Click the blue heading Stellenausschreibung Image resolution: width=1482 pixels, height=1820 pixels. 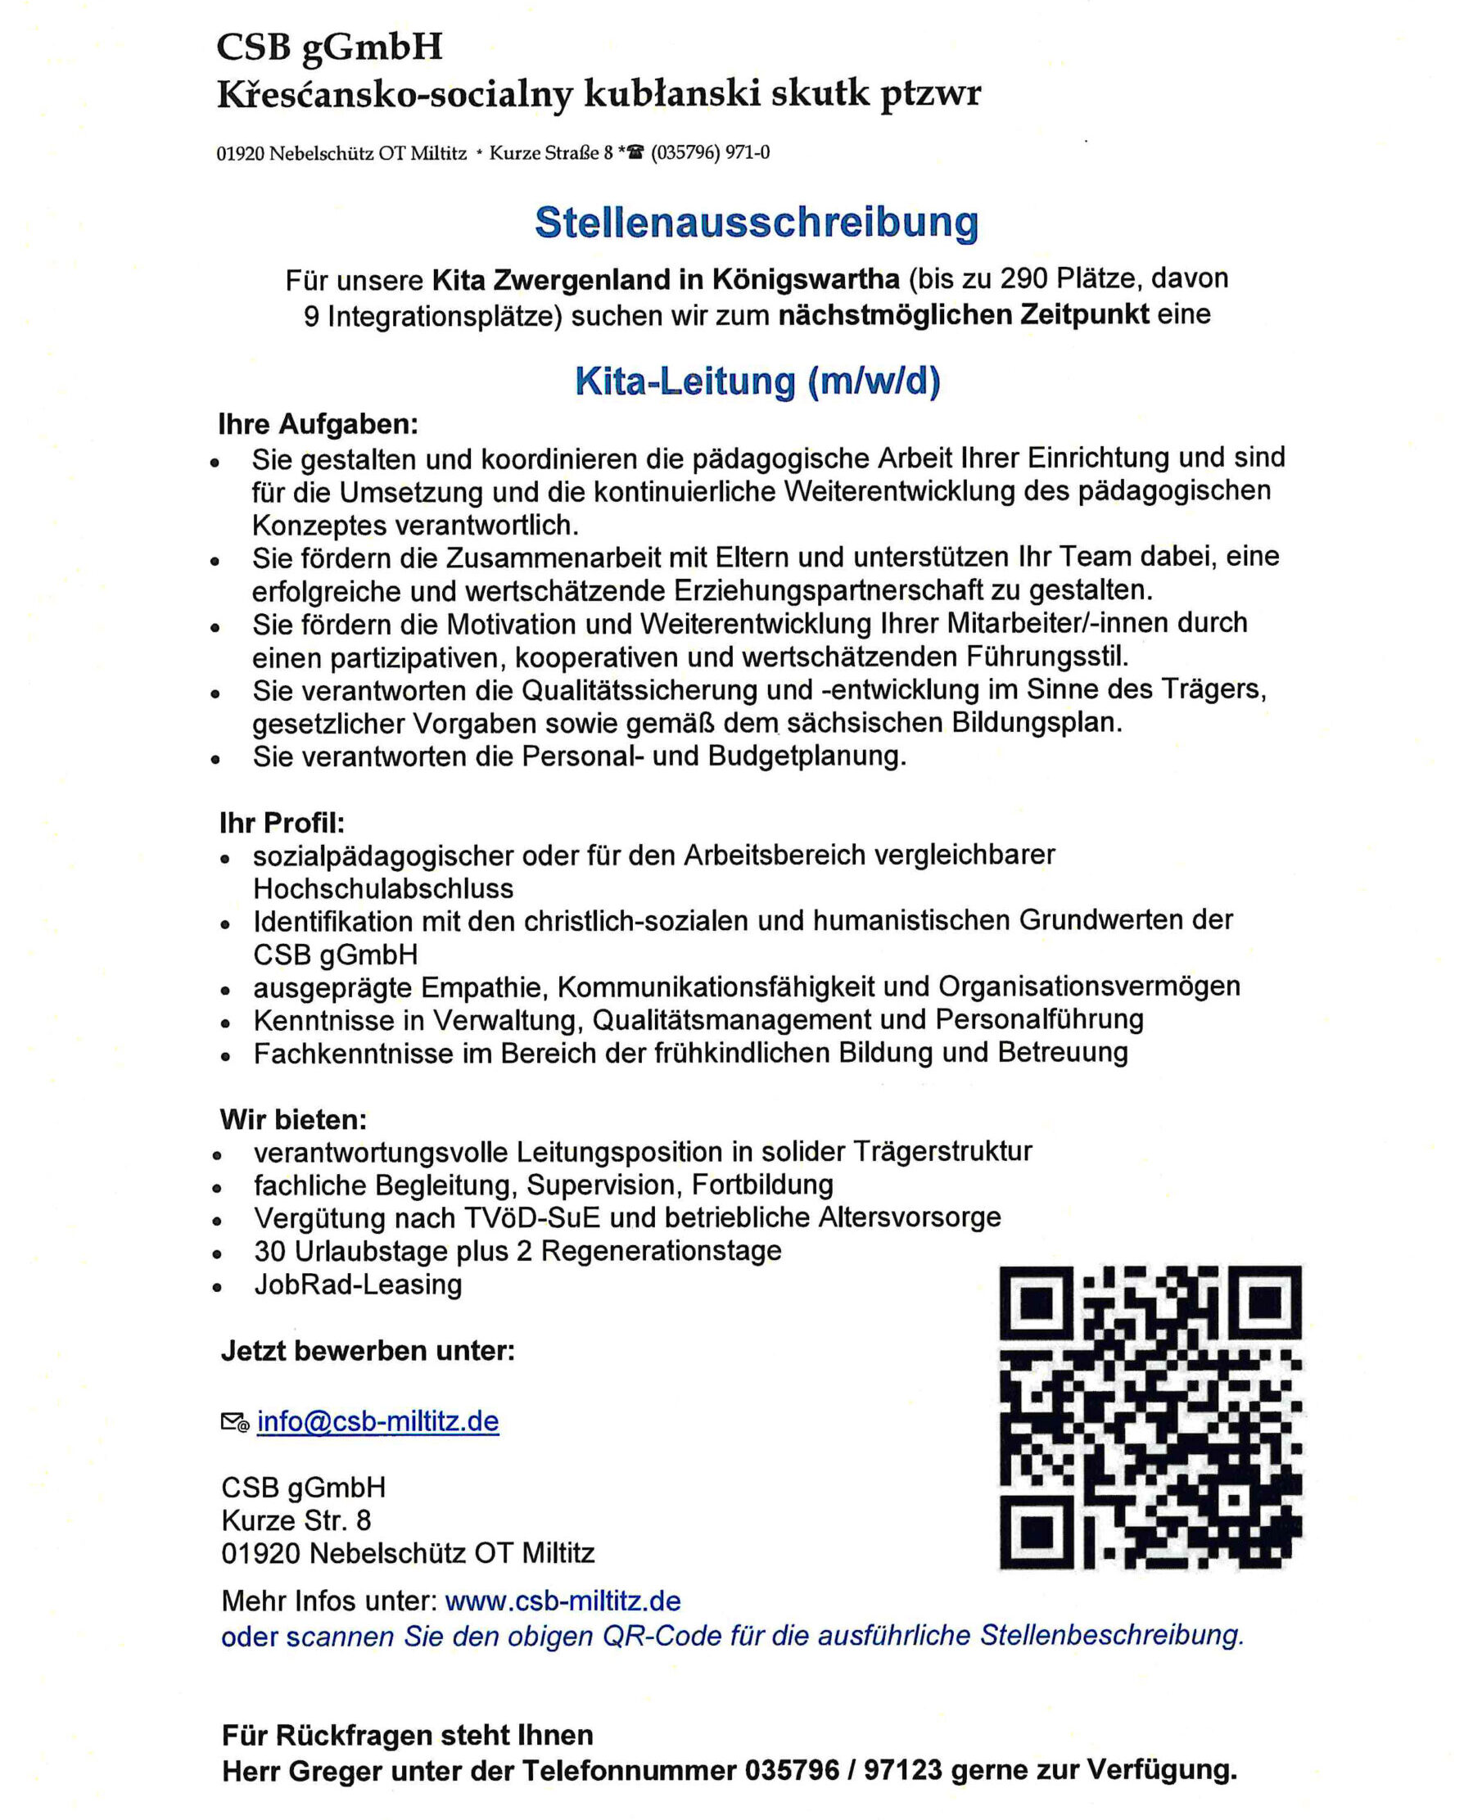tap(757, 223)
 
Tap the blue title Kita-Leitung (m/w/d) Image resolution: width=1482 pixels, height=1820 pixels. tap(757, 381)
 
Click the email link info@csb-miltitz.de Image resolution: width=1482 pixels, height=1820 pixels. tap(377, 1421)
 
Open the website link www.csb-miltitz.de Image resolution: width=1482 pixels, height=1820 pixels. tap(563, 1601)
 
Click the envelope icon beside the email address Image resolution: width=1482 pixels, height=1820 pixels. tap(235, 1422)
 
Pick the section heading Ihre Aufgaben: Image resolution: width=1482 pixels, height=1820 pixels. tap(319, 424)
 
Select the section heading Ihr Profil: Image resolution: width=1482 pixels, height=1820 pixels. tap(282, 823)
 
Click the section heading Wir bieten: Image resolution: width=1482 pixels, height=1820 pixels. tap(293, 1119)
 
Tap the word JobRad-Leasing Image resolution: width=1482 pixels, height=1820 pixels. tap(358, 1285)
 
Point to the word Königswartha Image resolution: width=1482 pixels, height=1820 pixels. tap(806, 279)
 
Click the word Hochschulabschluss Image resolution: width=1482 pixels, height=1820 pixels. tap(383, 888)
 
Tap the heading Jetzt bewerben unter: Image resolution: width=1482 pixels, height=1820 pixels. tap(368, 1352)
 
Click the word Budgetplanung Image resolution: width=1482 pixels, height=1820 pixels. tap(807, 756)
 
